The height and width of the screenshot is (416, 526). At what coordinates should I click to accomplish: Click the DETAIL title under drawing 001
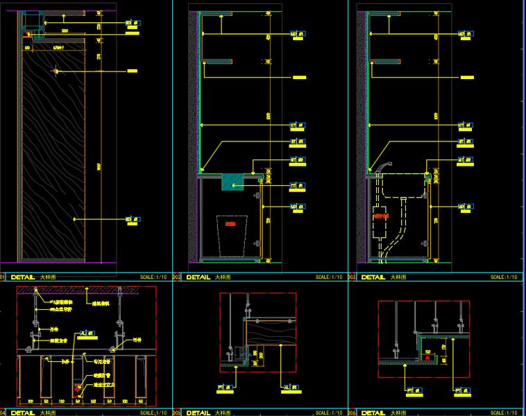coord(24,277)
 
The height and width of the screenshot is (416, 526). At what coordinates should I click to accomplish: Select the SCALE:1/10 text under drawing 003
coord(504,277)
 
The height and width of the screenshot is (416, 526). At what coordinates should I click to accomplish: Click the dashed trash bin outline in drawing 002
coord(232,236)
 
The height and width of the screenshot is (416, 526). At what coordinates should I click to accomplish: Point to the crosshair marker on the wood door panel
coord(56,70)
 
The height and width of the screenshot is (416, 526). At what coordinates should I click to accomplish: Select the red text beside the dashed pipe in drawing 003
coord(380,216)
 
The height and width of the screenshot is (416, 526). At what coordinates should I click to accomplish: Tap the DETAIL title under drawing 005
coord(198,413)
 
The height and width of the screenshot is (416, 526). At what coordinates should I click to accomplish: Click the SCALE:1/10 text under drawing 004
coord(153,413)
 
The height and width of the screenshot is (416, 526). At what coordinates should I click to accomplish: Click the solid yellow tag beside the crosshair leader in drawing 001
coord(132,70)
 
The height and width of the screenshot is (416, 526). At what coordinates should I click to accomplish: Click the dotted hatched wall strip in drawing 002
coord(194,139)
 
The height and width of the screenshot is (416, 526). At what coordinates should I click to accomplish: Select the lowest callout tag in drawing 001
coord(132,220)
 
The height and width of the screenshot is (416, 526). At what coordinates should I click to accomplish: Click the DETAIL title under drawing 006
coord(373,413)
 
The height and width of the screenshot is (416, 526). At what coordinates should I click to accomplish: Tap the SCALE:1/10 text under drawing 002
coord(329,277)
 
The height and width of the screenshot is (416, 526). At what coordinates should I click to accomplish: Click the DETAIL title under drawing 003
coord(373,277)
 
